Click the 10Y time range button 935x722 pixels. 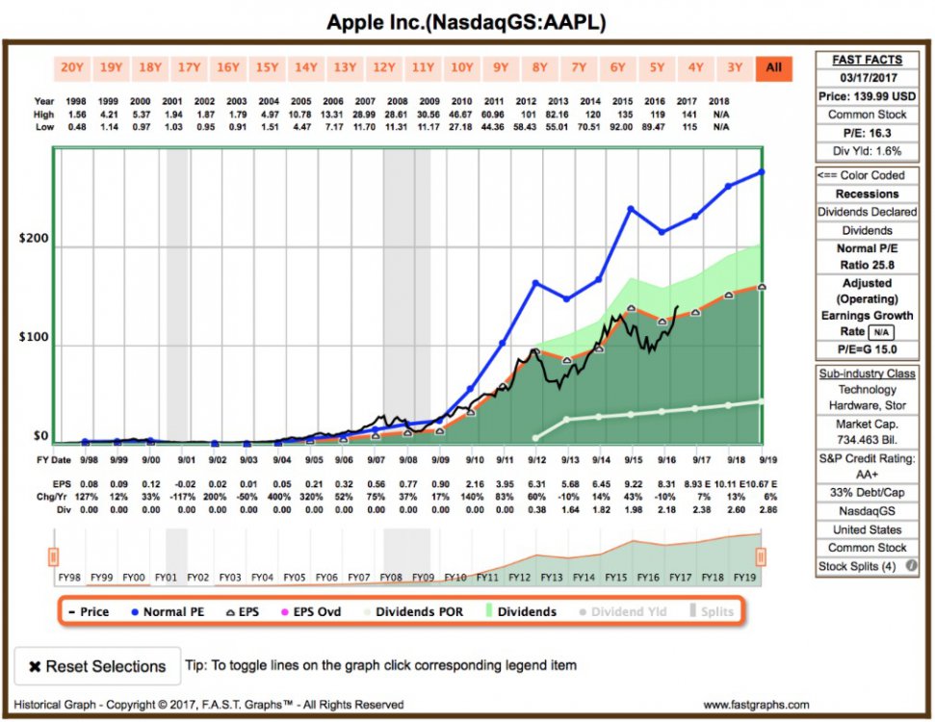point(461,67)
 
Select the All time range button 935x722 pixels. point(773,67)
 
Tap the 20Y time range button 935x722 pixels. point(71,67)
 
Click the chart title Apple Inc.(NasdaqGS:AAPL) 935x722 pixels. point(467,21)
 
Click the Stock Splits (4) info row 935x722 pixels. point(861,566)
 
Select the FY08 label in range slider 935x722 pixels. point(391,577)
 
